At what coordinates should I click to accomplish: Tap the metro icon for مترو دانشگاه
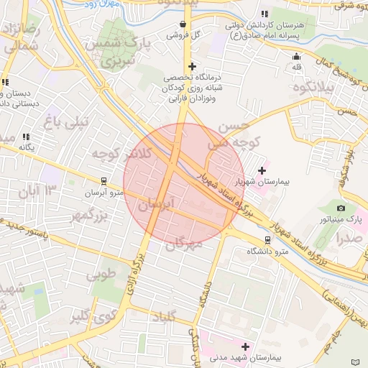pyautogui.click(x=267, y=240)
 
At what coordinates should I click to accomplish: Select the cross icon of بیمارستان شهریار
pyautogui.click(x=262, y=171)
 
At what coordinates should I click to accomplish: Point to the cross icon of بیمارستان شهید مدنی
pyautogui.click(x=247, y=346)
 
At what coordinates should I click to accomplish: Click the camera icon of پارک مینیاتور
pyautogui.click(x=341, y=208)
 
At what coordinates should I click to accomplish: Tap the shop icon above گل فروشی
pyautogui.click(x=183, y=24)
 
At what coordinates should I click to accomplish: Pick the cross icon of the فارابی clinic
pyautogui.click(x=192, y=66)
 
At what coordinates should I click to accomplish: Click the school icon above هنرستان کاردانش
pyautogui.click(x=264, y=14)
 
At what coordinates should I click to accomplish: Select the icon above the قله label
pyautogui.click(x=297, y=57)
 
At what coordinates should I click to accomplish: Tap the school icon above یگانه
pyautogui.click(x=27, y=137)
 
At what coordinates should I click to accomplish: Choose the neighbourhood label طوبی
pyautogui.click(x=101, y=275)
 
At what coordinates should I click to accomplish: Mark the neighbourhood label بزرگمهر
pyautogui.click(x=90, y=216)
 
